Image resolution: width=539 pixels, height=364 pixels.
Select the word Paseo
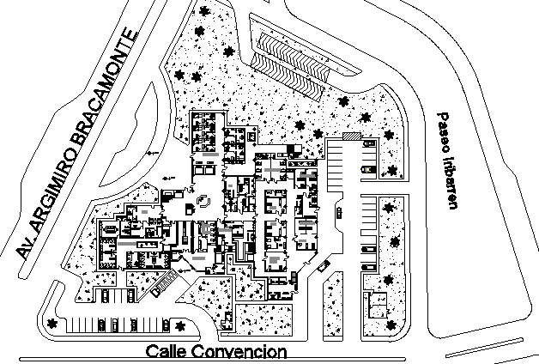(x=444, y=129)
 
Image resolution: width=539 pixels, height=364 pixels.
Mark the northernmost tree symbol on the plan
(x=203, y=11)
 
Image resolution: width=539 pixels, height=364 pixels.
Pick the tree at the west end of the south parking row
(x=53, y=323)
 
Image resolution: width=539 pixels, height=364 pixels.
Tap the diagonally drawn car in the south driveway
(x=323, y=266)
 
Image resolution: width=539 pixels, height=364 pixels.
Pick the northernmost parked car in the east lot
(x=368, y=146)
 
